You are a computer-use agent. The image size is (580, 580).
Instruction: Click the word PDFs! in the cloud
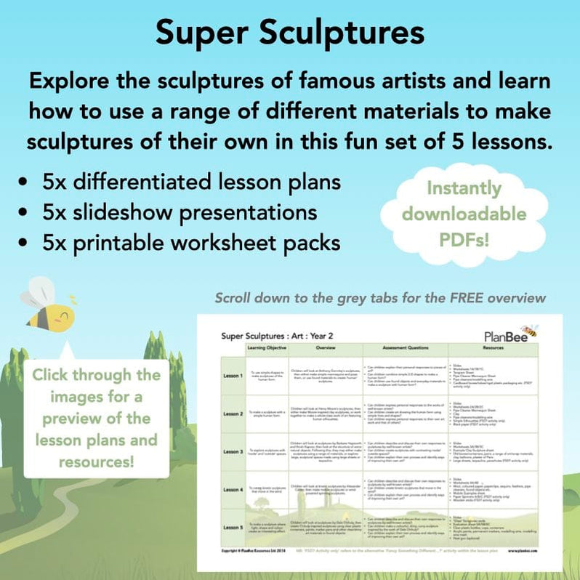(464, 239)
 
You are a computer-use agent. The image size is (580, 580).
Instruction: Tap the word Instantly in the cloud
(464, 188)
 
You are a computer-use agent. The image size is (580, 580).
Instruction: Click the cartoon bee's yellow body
(52, 314)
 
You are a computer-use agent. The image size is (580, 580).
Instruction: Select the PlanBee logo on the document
(510, 335)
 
